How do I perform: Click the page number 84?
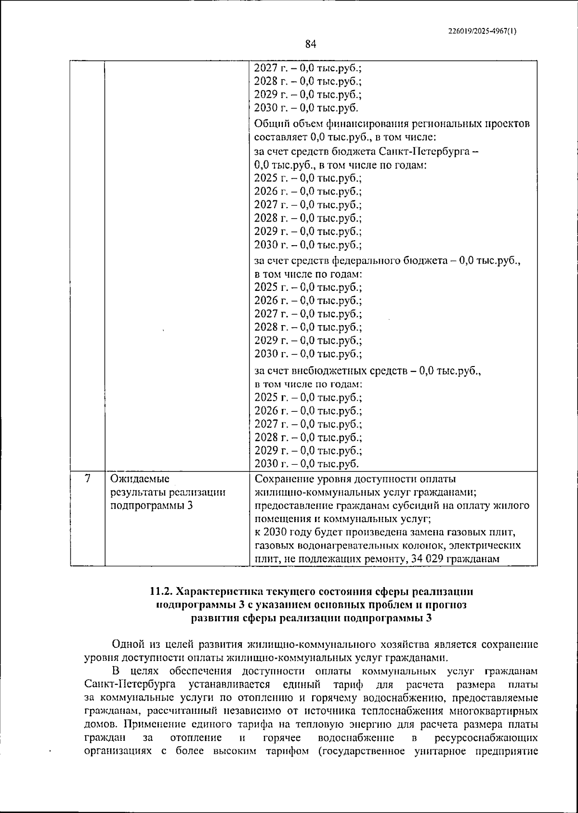coord(310,44)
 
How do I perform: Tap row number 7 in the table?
coord(87,479)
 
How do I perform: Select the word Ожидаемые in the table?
coord(140,479)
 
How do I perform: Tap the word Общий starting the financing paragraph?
coord(270,124)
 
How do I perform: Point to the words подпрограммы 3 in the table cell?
coord(152,506)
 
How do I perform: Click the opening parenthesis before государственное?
coord(320,751)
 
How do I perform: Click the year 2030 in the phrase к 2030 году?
coord(275,533)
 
